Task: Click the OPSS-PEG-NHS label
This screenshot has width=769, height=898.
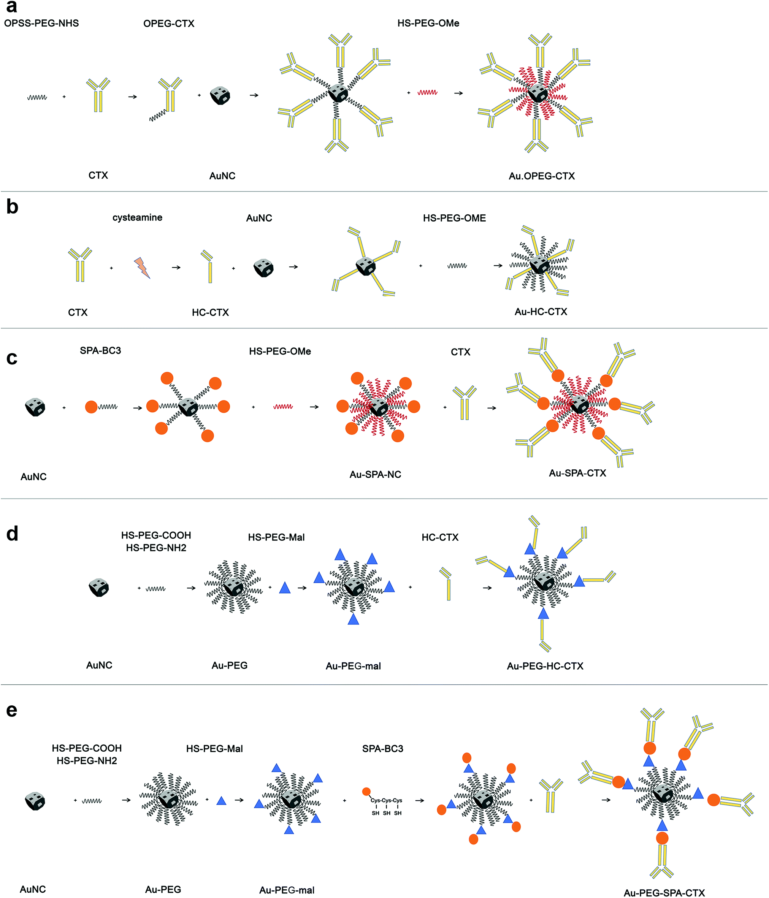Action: pyautogui.click(x=41, y=23)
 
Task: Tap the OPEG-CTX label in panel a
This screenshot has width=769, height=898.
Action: pyautogui.click(x=169, y=24)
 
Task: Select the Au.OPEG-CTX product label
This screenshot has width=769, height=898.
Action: pyautogui.click(x=541, y=176)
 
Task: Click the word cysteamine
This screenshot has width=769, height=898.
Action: pyautogui.click(x=137, y=218)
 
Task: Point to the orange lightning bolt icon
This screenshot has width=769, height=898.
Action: pyautogui.click(x=142, y=268)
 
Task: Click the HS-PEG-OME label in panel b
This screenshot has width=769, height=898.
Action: pyautogui.click(x=454, y=218)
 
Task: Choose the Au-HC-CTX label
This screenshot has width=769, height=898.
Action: pyautogui.click(x=541, y=312)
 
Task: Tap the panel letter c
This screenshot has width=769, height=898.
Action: pyautogui.click(x=12, y=358)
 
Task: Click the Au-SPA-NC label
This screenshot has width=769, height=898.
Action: pyautogui.click(x=376, y=475)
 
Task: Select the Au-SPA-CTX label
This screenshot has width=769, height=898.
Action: pyautogui.click(x=577, y=473)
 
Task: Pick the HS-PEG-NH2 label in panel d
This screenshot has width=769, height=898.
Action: pyautogui.click(x=156, y=548)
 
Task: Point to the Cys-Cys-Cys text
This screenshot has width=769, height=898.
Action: pyautogui.click(x=386, y=800)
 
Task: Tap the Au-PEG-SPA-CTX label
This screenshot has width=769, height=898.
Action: pyautogui.click(x=664, y=893)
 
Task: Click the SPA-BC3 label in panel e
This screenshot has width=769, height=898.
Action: pyautogui.click(x=383, y=749)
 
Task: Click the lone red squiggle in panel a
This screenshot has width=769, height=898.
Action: pyautogui.click(x=427, y=92)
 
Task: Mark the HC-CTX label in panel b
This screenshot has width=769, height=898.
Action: pyautogui.click(x=210, y=312)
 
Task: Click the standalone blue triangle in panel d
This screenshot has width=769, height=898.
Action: pyautogui.click(x=285, y=588)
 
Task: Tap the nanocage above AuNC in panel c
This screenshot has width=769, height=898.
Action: pyautogui.click(x=35, y=407)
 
